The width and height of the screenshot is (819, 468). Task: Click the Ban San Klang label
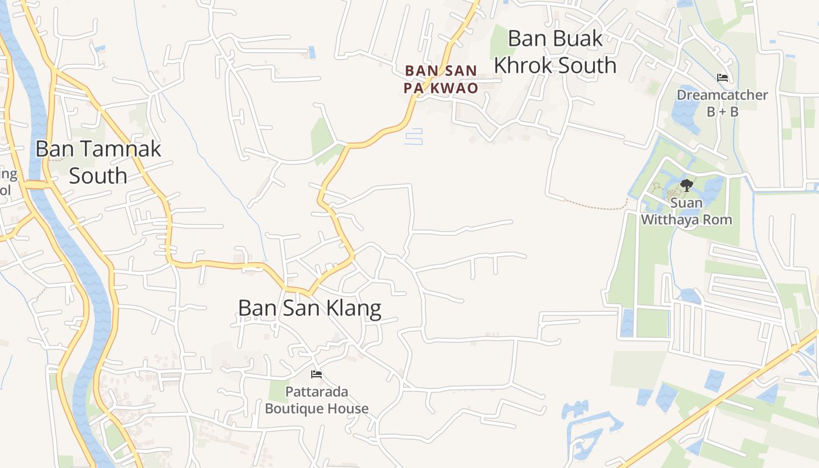[x=309, y=308]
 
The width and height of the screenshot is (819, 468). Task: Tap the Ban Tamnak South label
[x=98, y=162]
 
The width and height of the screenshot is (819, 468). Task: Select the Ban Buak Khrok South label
[x=555, y=51]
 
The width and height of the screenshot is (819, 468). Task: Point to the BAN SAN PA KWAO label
[x=441, y=80]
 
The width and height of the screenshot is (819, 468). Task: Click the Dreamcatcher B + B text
[x=722, y=103]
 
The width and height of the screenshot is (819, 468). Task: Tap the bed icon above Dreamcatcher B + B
[x=722, y=78]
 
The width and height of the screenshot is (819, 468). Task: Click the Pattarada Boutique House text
[x=316, y=400]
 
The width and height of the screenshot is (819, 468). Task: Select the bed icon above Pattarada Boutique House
[x=316, y=374]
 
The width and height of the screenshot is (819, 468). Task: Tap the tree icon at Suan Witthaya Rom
[x=686, y=186]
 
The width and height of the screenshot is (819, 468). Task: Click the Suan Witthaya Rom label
[x=687, y=212]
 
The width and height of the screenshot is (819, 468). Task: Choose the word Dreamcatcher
[x=722, y=95]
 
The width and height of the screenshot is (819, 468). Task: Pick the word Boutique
[x=292, y=408]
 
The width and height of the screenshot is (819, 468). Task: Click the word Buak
[x=578, y=39]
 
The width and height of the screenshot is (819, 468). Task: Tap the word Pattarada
[x=316, y=391]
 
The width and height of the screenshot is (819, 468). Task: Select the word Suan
[x=687, y=204]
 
